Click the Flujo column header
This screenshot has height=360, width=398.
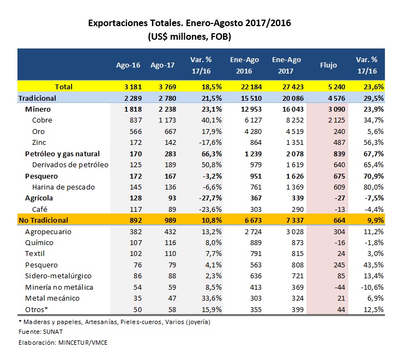click(x=328, y=65)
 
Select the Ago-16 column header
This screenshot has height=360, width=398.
click(x=128, y=65)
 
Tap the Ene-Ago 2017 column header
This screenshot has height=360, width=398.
click(x=286, y=65)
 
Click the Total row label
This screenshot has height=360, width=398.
click(x=64, y=87)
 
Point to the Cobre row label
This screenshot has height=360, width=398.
click(x=42, y=120)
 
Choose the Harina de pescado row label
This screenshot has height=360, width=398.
click(x=63, y=187)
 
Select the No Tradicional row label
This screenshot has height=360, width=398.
click(x=44, y=221)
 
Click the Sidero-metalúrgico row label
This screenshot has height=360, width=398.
click(x=58, y=276)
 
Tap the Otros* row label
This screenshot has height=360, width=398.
click(x=37, y=309)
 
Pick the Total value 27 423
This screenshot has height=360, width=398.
click(x=293, y=87)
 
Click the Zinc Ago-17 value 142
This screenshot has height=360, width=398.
click(x=170, y=143)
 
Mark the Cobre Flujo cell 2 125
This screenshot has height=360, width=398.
click(x=336, y=120)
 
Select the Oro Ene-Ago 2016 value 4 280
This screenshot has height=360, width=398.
click(x=253, y=132)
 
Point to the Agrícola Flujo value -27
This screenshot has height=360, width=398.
click(x=340, y=198)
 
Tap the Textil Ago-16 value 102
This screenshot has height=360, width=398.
click(x=136, y=254)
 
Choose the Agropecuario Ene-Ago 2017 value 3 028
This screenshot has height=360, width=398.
click(x=295, y=231)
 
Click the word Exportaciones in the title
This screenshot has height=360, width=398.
click(x=118, y=23)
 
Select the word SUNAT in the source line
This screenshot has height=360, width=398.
click(x=53, y=332)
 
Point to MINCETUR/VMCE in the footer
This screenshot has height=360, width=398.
click(x=83, y=343)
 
